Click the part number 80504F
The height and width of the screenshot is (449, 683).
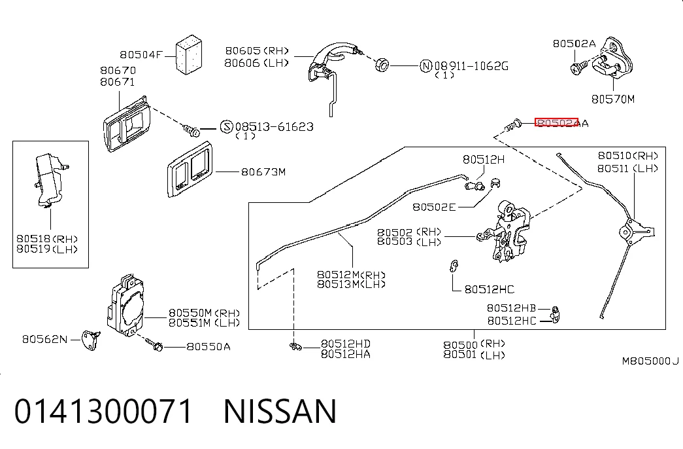141,54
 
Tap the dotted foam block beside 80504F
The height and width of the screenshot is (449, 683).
189,54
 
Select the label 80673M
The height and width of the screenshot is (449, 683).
263,172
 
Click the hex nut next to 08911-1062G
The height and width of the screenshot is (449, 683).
382,65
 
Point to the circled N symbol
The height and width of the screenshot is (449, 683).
425,66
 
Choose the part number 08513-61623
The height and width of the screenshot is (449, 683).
275,126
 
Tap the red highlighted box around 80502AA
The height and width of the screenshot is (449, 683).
556,122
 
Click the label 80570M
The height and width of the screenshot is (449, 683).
613,99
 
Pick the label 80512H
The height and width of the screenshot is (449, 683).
484,159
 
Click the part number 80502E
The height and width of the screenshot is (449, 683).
434,207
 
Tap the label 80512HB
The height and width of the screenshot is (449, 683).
511,308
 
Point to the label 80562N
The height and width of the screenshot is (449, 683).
45,339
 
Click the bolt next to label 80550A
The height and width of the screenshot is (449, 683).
154,345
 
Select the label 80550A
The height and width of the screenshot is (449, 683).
208,346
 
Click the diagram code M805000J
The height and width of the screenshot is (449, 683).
650,361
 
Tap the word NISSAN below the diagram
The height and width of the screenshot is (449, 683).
280,411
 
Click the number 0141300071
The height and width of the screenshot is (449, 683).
103,411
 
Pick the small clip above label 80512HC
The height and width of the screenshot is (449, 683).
454,266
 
